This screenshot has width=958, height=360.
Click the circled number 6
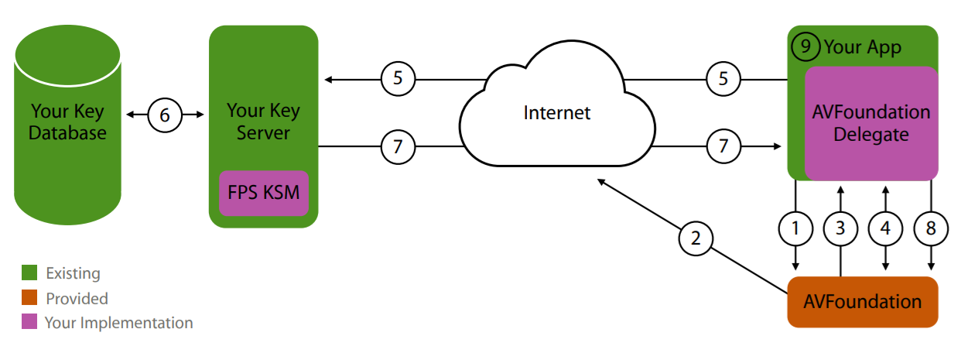(x=165, y=115)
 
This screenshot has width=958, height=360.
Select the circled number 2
(x=696, y=238)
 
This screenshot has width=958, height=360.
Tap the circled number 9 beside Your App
(x=806, y=46)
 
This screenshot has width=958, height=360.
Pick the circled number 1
(x=795, y=228)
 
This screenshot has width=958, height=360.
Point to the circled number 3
(x=840, y=228)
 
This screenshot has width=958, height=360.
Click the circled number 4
(x=885, y=228)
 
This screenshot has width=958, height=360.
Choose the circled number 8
(x=930, y=228)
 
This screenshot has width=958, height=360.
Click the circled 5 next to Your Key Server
(x=398, y=78)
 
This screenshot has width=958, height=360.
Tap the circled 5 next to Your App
(x=724, y=78)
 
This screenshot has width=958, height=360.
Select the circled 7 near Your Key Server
(x=398, y=146)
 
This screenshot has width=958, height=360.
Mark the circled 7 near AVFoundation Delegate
(x=724, y=146)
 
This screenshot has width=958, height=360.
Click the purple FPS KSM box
(x=264, y=192)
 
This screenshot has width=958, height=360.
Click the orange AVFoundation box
(x=862, y=300)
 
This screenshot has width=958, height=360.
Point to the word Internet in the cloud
(x=557, y=113)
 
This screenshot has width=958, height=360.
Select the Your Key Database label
(x=67, y=122)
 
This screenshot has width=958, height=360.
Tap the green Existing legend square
(x=29, y=273)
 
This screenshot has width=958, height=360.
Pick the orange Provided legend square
(x=29, y=298)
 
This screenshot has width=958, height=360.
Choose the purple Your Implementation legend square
(x=29, y=322)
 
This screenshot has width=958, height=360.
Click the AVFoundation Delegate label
(x=871, y=123)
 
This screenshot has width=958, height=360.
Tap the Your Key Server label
(x=264, y=122)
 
